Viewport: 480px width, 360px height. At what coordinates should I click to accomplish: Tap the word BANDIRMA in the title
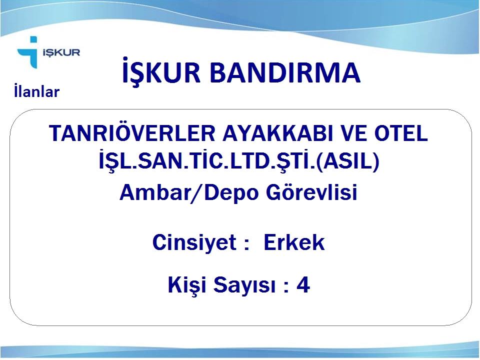point(285,73)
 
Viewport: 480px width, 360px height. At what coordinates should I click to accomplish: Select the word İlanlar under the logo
point(36,91)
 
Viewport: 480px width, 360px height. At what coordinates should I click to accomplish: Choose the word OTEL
point(401,133)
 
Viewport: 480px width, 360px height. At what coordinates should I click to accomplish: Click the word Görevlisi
point(311,192)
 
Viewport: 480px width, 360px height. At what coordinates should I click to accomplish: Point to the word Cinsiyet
point(194,243)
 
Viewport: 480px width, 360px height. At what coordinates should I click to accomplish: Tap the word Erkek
point(294,242)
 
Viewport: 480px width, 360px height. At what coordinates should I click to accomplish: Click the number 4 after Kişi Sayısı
point(303,284)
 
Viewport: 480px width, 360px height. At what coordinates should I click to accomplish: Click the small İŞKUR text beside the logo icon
point(61,52)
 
